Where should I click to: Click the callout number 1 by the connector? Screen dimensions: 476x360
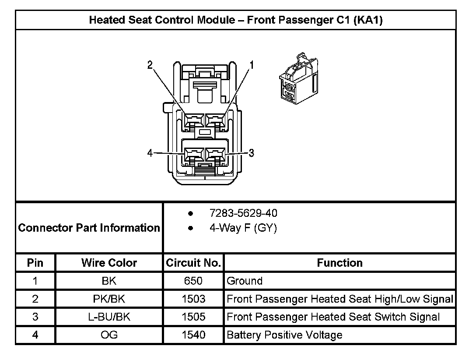click(252, 65)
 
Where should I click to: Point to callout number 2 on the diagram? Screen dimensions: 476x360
click(150, 65)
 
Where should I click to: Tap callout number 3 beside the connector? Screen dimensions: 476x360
click(252, 153)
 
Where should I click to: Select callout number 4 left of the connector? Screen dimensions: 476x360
click(150, 153)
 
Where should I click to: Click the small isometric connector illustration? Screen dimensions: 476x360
click(298, 78)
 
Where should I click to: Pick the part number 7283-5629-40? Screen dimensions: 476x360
click(243, 213)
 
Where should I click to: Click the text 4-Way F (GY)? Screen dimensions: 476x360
click(243, 228)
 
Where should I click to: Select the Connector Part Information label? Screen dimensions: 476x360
click(89, 228)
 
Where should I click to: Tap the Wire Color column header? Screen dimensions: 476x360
click(109, 263)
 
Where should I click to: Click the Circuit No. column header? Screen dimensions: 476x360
click(193, 263)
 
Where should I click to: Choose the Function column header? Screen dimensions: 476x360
click(339, 263)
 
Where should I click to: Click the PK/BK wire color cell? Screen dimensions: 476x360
click(109, 299)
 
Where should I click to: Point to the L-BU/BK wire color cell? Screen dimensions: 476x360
click(109, 317)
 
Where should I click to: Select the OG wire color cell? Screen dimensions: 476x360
click(109, 335)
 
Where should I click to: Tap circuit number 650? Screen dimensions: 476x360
click(193, 281)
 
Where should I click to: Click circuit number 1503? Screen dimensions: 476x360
click(193, 299)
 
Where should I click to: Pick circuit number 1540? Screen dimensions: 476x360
click(193, 335)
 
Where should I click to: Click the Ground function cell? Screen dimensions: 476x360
click(245, 281)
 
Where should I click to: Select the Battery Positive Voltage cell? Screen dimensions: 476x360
click(284, 335)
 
